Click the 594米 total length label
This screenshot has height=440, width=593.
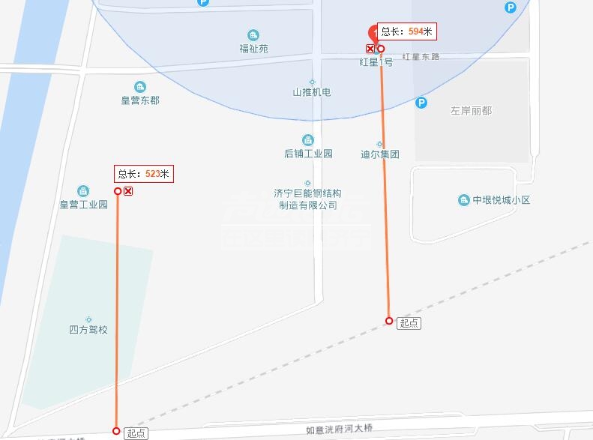coord(406,31)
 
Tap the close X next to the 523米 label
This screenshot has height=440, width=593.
coord(128,192)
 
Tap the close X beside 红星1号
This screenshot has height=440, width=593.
coord(370,49)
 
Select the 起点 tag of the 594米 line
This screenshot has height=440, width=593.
coord(409,323)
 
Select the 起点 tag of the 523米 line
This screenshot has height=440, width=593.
coord(136,433)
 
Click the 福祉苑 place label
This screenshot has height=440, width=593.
coord(253,49)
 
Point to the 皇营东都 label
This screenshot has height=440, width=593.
coord(140,100)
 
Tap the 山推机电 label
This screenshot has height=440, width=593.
coord(311,92)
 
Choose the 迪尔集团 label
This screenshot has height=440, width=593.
coord(379,154)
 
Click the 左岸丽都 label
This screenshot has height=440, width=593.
coord(471,110)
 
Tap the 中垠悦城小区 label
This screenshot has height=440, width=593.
coord(502,200)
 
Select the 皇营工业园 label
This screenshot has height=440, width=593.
coord(84,204)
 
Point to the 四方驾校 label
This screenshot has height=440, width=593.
coord(88,330)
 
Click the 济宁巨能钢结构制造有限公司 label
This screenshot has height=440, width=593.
coord(307,199)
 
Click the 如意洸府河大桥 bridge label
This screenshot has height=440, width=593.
coord(339,430)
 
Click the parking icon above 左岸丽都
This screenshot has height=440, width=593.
coord(421,103)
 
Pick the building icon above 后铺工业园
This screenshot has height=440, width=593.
coord(307,140)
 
